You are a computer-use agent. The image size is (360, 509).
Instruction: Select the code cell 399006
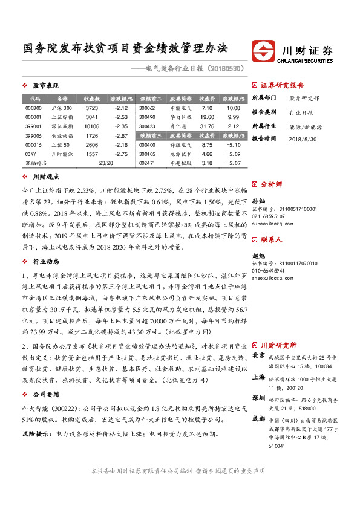pyautogui.click(x=34, y=136)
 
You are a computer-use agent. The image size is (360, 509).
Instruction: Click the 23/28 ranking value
pyautogui.click(x=105, y=164)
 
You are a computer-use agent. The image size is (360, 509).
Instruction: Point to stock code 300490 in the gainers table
pyautogui.click(x=147, y=117)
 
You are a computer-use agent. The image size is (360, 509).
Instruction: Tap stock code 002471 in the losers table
pyautogui.click(x=147, y=164)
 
